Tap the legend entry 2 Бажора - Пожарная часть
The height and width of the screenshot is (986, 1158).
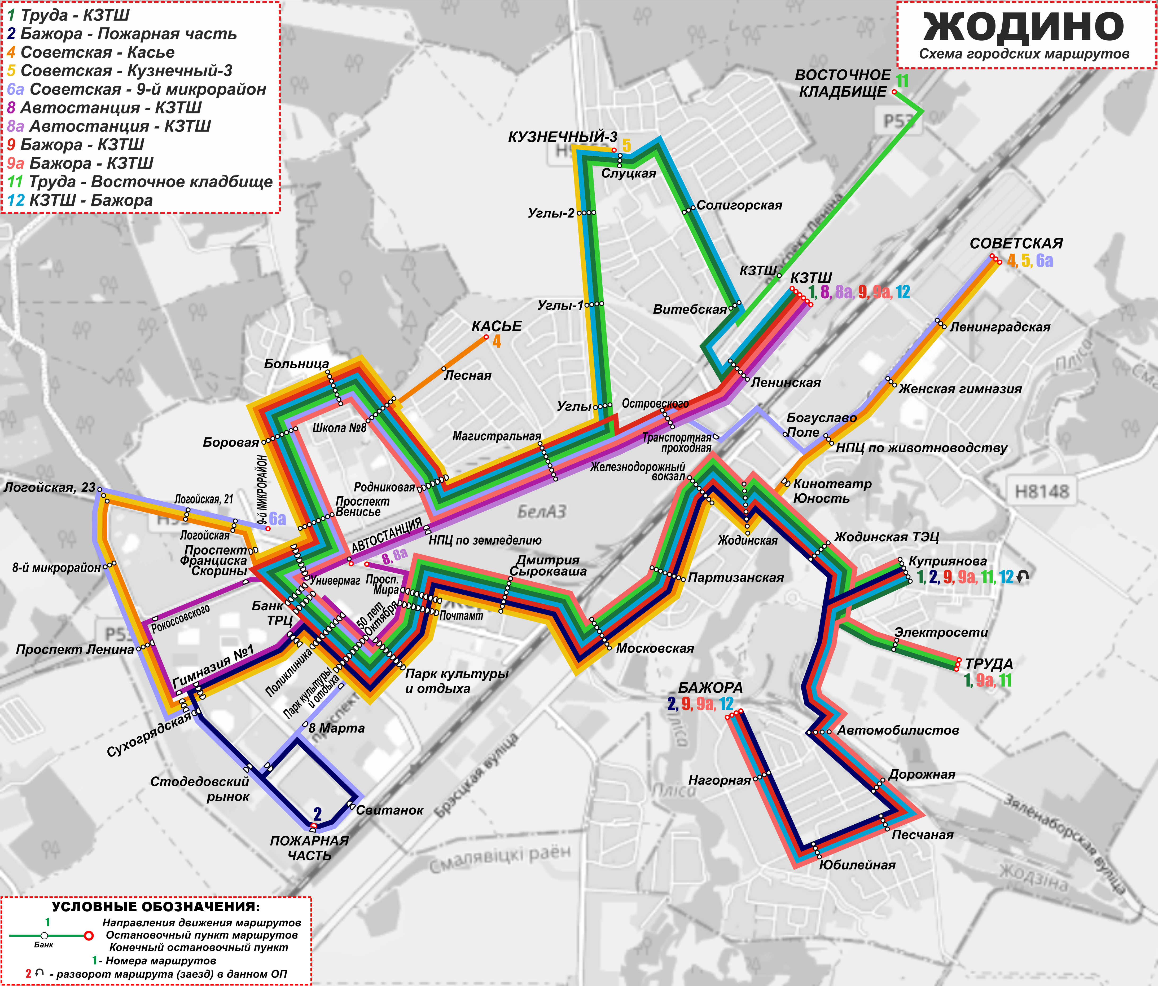coord(122,34)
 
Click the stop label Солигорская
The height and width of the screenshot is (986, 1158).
coord(739,206)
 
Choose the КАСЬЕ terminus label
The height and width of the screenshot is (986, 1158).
coord(496,326)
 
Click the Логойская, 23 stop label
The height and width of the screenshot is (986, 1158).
coord(50,487)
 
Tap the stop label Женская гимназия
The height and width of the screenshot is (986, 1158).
coord(960,389)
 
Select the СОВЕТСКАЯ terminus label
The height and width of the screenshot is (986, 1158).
coord(1016,244)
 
